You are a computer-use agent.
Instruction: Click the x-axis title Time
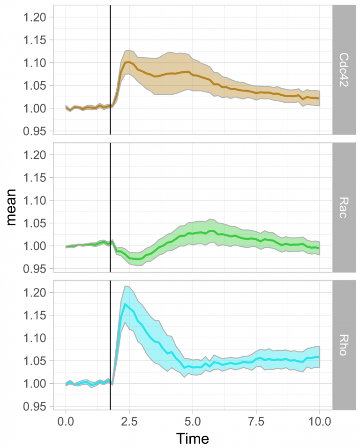click(192, 438)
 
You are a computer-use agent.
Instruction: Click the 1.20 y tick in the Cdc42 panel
click(37, 17)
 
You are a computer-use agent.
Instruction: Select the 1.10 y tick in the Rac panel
click(37, 200)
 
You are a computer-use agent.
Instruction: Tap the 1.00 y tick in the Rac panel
click(37, 246)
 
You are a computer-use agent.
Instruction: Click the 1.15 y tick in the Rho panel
click(37, 315)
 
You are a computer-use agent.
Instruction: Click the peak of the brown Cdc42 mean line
click(127, 62)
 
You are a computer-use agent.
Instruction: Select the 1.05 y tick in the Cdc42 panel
click(37, 85)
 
